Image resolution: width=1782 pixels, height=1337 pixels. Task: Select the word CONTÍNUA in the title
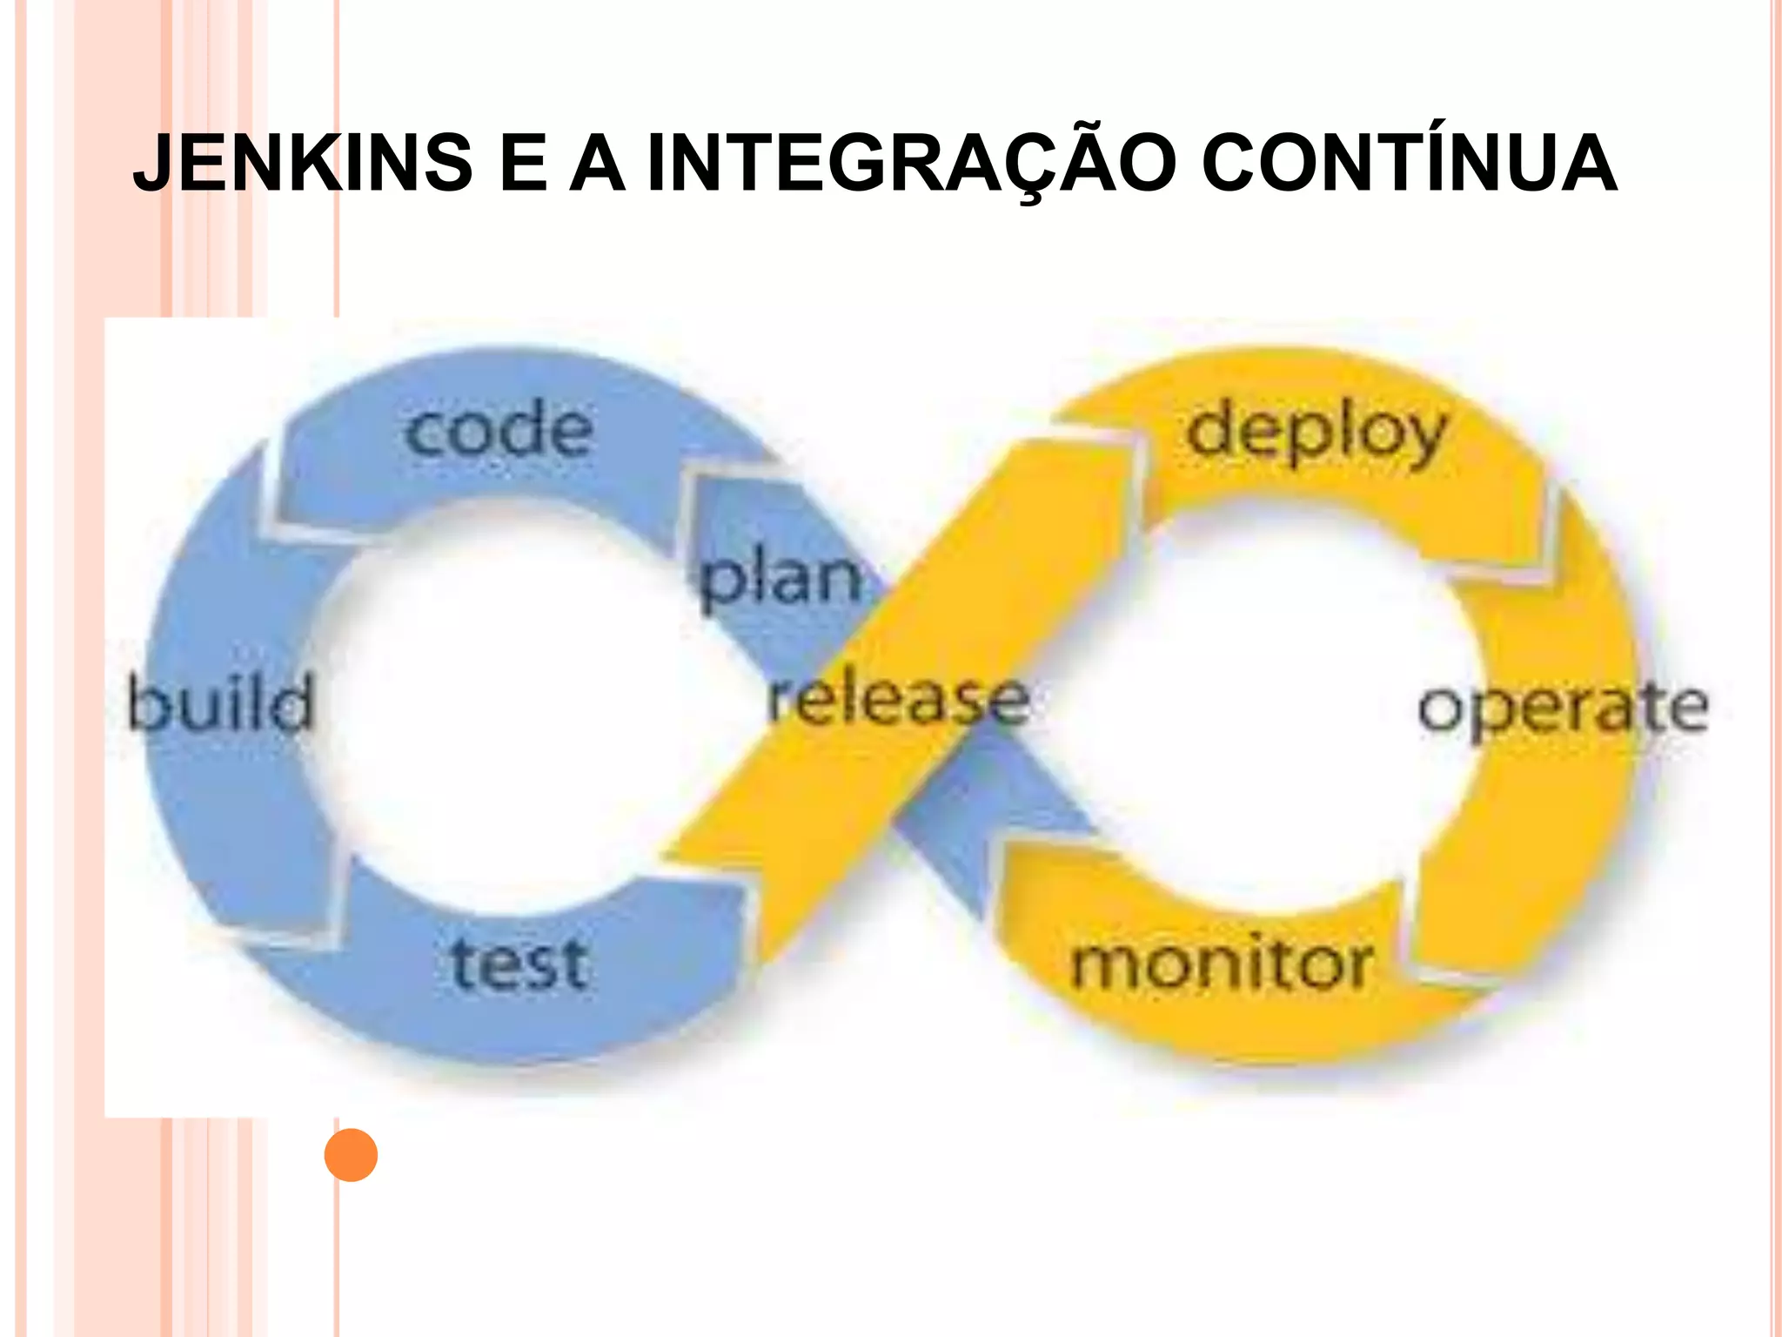(1410, 164)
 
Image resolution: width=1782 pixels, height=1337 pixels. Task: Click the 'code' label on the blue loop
(499, 430)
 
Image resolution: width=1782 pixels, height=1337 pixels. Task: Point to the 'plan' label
(781, 578)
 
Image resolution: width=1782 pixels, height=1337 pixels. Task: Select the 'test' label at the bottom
(519, 964)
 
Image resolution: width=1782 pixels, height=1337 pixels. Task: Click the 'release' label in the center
(899, 700)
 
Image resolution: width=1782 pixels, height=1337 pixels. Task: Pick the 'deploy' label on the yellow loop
(1316, 433)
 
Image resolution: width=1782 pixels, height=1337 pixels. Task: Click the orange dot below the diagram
(351, 1155)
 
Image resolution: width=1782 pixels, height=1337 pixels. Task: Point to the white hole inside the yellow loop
(1253, 696)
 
